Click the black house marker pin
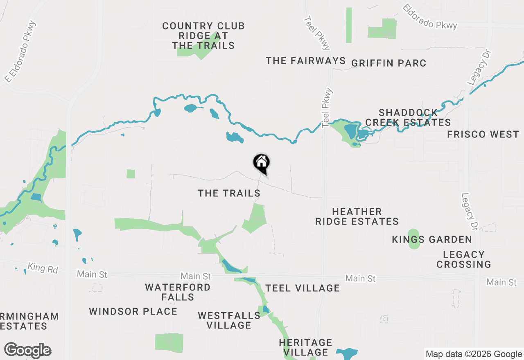261,163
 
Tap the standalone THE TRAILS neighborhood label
229,193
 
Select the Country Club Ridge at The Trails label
203,36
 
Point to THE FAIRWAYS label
306,61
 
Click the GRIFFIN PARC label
388,63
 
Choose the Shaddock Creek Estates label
408,117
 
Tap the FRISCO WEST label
483,134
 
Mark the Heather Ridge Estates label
357,216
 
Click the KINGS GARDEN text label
432,239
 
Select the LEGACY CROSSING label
463,259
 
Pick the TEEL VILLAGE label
303,288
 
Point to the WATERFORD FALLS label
178,292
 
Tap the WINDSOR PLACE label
133,311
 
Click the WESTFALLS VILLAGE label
229,320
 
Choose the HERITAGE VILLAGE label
305,347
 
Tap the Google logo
27,351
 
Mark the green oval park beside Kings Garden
414,239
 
